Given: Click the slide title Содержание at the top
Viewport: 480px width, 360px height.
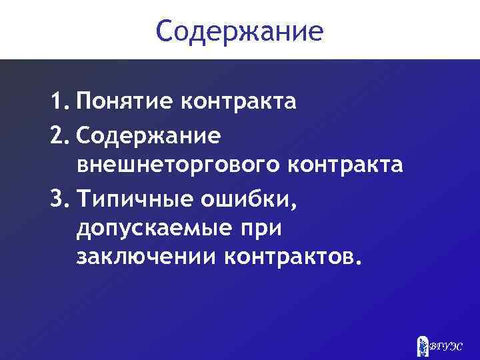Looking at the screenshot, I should [240, 31].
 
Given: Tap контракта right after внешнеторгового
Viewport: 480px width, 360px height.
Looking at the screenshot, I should [345, 165].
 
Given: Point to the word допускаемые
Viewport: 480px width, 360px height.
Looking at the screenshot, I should [151, 229].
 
